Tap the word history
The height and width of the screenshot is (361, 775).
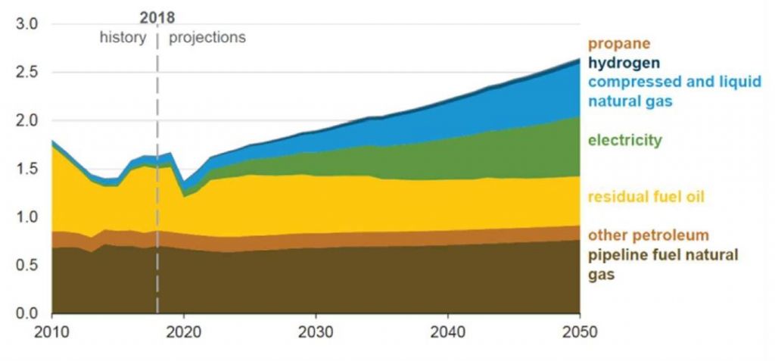123,37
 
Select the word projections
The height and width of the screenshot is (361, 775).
207,37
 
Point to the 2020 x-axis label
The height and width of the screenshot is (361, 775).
184,331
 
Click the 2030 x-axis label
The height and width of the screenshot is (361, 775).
316,331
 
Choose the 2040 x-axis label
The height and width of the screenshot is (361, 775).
448,331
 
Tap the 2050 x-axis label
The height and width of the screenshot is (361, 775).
580,331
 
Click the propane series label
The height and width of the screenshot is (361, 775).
618,45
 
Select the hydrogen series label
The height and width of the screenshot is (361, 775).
624,64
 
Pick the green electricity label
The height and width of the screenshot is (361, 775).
625,140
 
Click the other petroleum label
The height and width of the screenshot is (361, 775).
648,235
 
